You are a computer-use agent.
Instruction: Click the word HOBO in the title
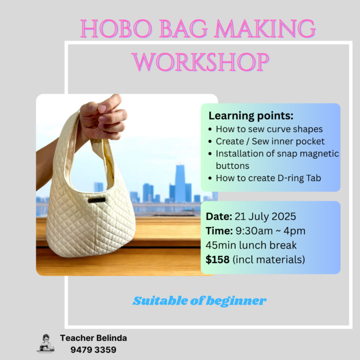(116, 29)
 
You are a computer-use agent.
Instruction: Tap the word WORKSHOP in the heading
(200, 62)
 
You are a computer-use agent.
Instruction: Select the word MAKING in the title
(265, 29)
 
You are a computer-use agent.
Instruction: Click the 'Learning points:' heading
(251, 116)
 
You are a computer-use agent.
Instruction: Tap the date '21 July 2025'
(265, 217)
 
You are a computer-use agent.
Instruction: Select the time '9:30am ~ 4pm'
(271, 231)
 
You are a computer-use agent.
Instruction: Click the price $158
(218, 260)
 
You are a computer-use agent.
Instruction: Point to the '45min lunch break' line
(251, 245)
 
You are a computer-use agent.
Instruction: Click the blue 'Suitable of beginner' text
(200, 301)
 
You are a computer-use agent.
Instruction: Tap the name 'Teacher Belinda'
(93, 338)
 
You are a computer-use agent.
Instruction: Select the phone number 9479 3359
(93, 350)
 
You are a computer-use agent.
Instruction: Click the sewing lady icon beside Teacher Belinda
(46, 344)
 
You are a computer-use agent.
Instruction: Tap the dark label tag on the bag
(97, 200)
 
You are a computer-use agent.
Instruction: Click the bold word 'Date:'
(219, 217)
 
